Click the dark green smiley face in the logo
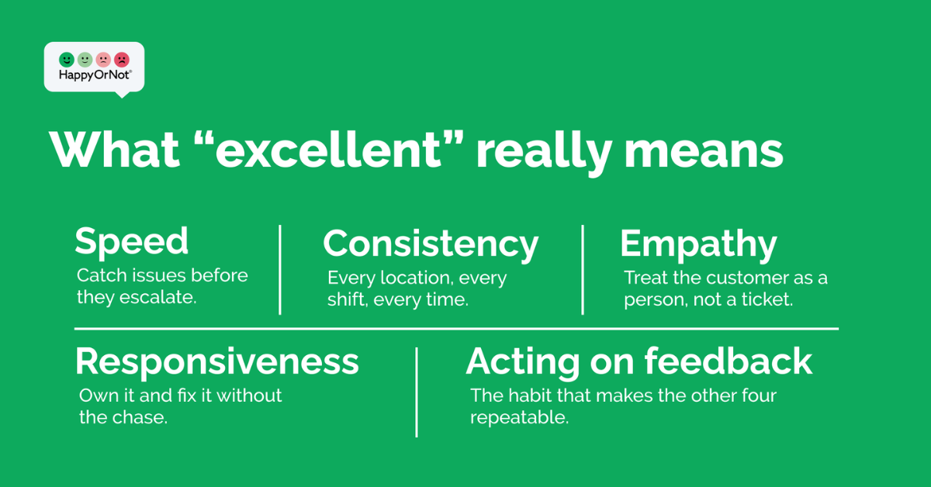(x=67, y=60)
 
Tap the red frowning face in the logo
(x=122, y=60)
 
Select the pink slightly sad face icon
(x=103, y=60)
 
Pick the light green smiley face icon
(x=85, y=60)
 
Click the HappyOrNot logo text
(x=95, y=75)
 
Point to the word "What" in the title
(x=114, y=150)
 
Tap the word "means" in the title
(x=704, y=153)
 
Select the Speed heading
(x=131, y=241)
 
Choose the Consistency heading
(x=431, y=244)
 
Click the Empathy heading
(x=698, y=245)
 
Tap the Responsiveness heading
(x=217, y=363)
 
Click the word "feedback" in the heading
(x=729, y=361)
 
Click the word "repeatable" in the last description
(x=519, y=418)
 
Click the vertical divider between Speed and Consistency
(x=280, y=270)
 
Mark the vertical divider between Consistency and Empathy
(x=583, y=270)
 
